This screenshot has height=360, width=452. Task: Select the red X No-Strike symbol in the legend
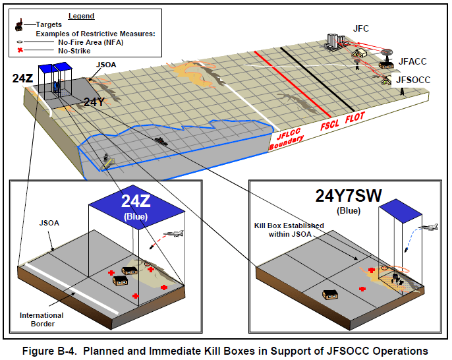tap(20, 51)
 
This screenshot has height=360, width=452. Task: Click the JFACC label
tap(412, 61)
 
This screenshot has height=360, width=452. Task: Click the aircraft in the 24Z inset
tap(173, 233)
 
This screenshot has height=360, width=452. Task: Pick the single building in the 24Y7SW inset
tap(330, 295)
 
